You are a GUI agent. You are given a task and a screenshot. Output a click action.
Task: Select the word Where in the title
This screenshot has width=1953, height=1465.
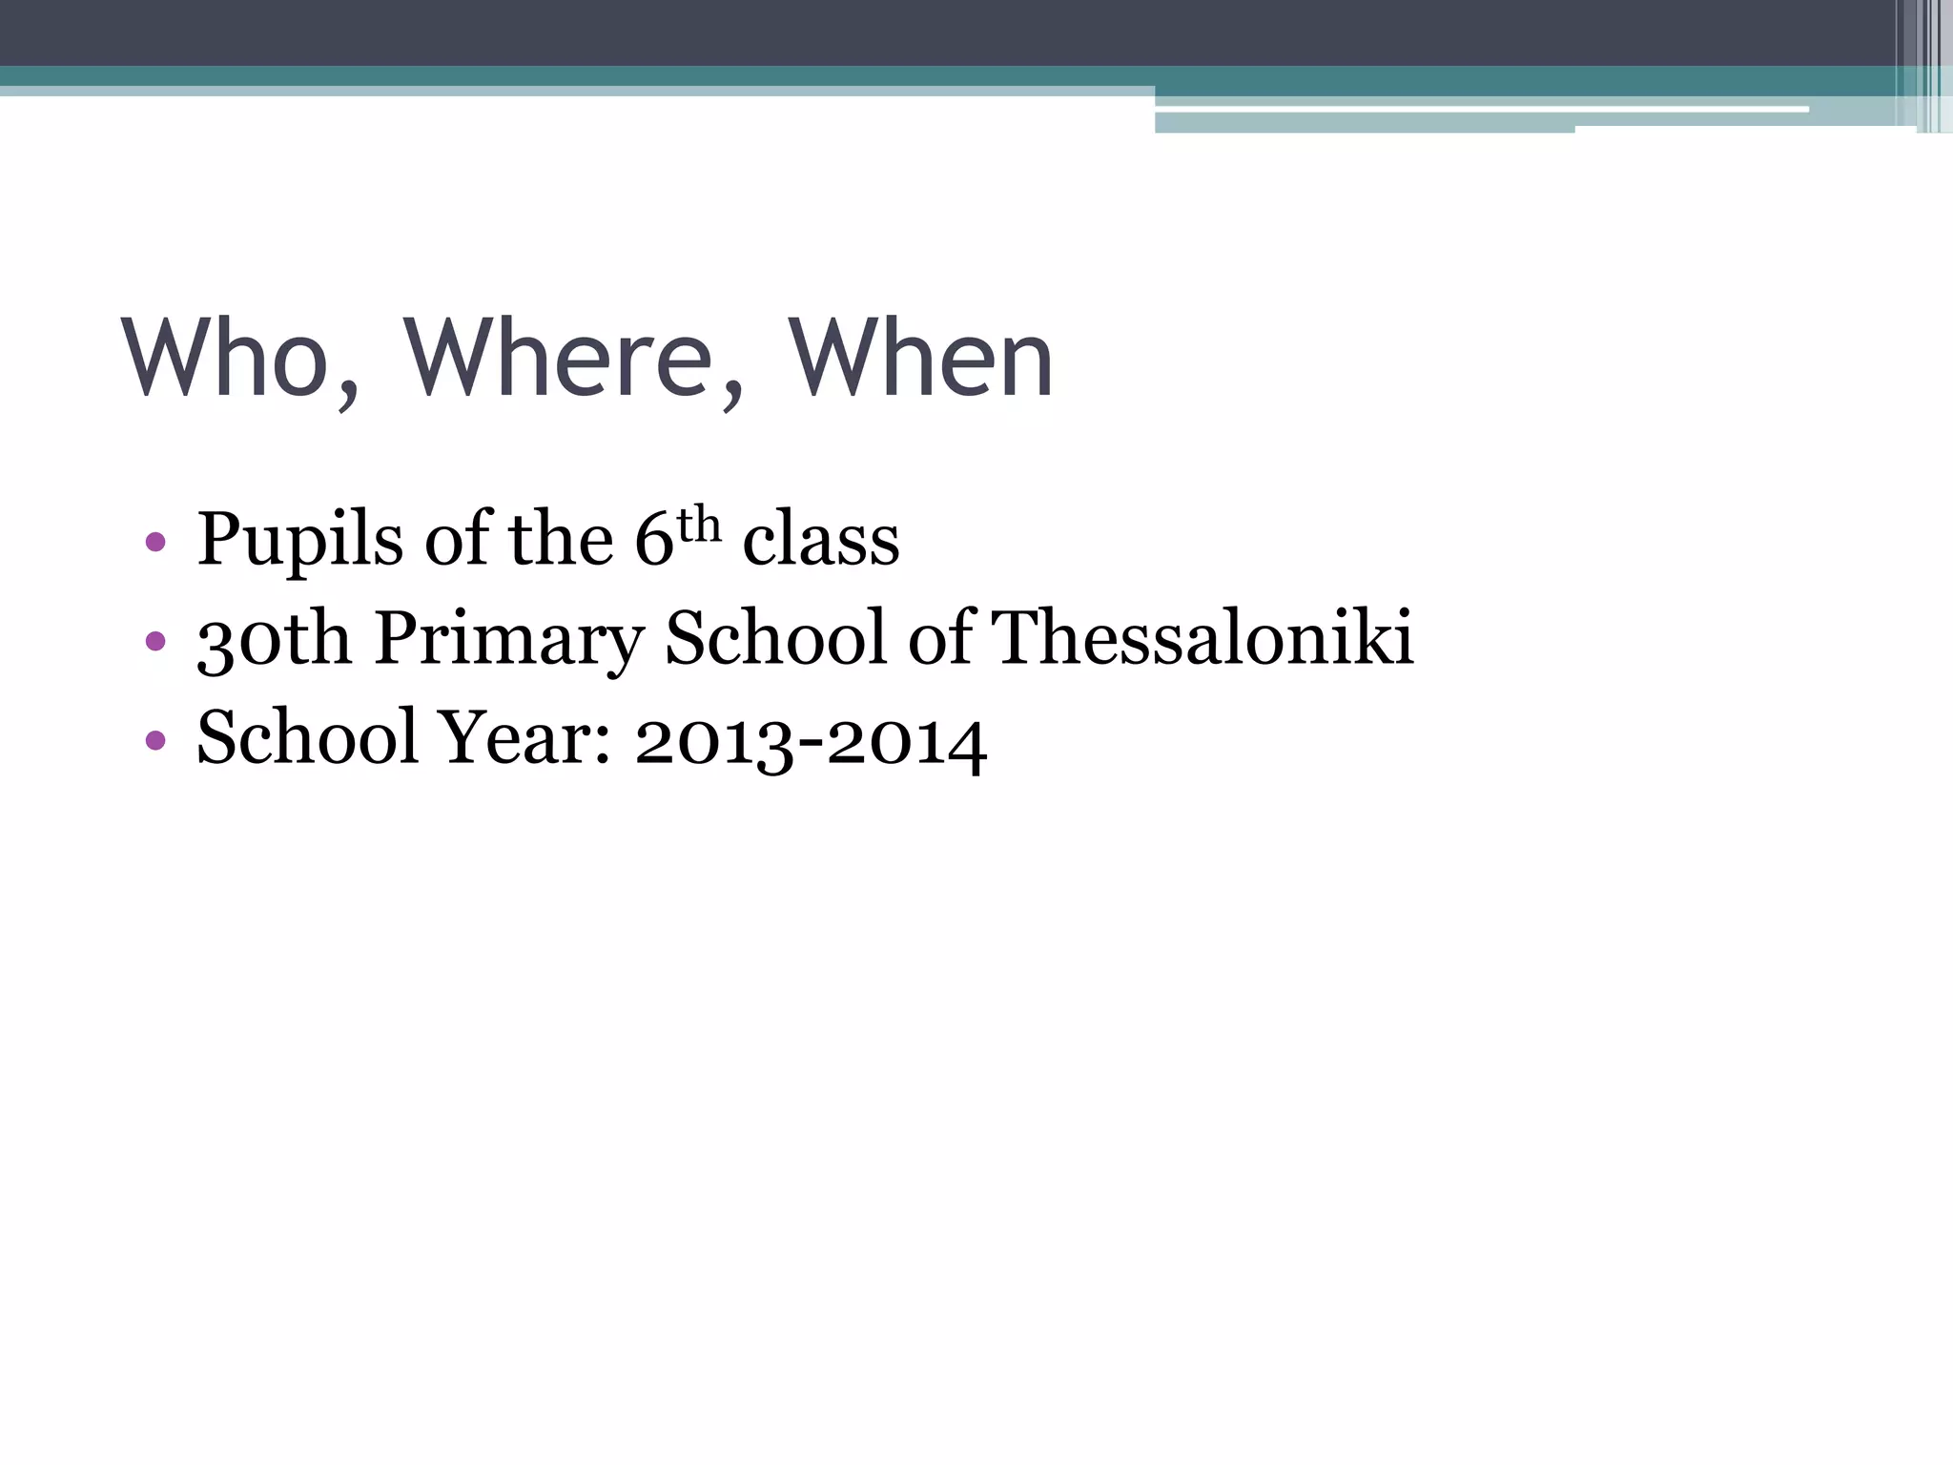point(559,358)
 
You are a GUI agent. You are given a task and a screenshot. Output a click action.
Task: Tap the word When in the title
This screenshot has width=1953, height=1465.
point(921,358)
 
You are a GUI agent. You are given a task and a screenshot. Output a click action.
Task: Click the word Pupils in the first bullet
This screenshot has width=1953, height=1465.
point(299,540)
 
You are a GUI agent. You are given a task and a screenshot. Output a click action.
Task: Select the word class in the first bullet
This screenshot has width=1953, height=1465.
point(821,540)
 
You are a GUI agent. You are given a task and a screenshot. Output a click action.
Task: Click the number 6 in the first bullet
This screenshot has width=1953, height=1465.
point(654,540)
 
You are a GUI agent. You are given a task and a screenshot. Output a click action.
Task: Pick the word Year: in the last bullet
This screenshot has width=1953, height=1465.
point(524,737)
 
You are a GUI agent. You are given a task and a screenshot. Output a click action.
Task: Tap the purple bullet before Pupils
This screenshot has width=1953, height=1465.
point(155,544)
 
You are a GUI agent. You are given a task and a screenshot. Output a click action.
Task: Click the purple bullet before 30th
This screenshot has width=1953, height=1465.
point(155,641)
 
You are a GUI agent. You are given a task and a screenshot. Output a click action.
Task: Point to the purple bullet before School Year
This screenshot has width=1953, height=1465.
point(155,740)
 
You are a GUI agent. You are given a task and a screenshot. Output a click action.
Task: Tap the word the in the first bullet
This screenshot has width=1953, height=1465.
point(561,540)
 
